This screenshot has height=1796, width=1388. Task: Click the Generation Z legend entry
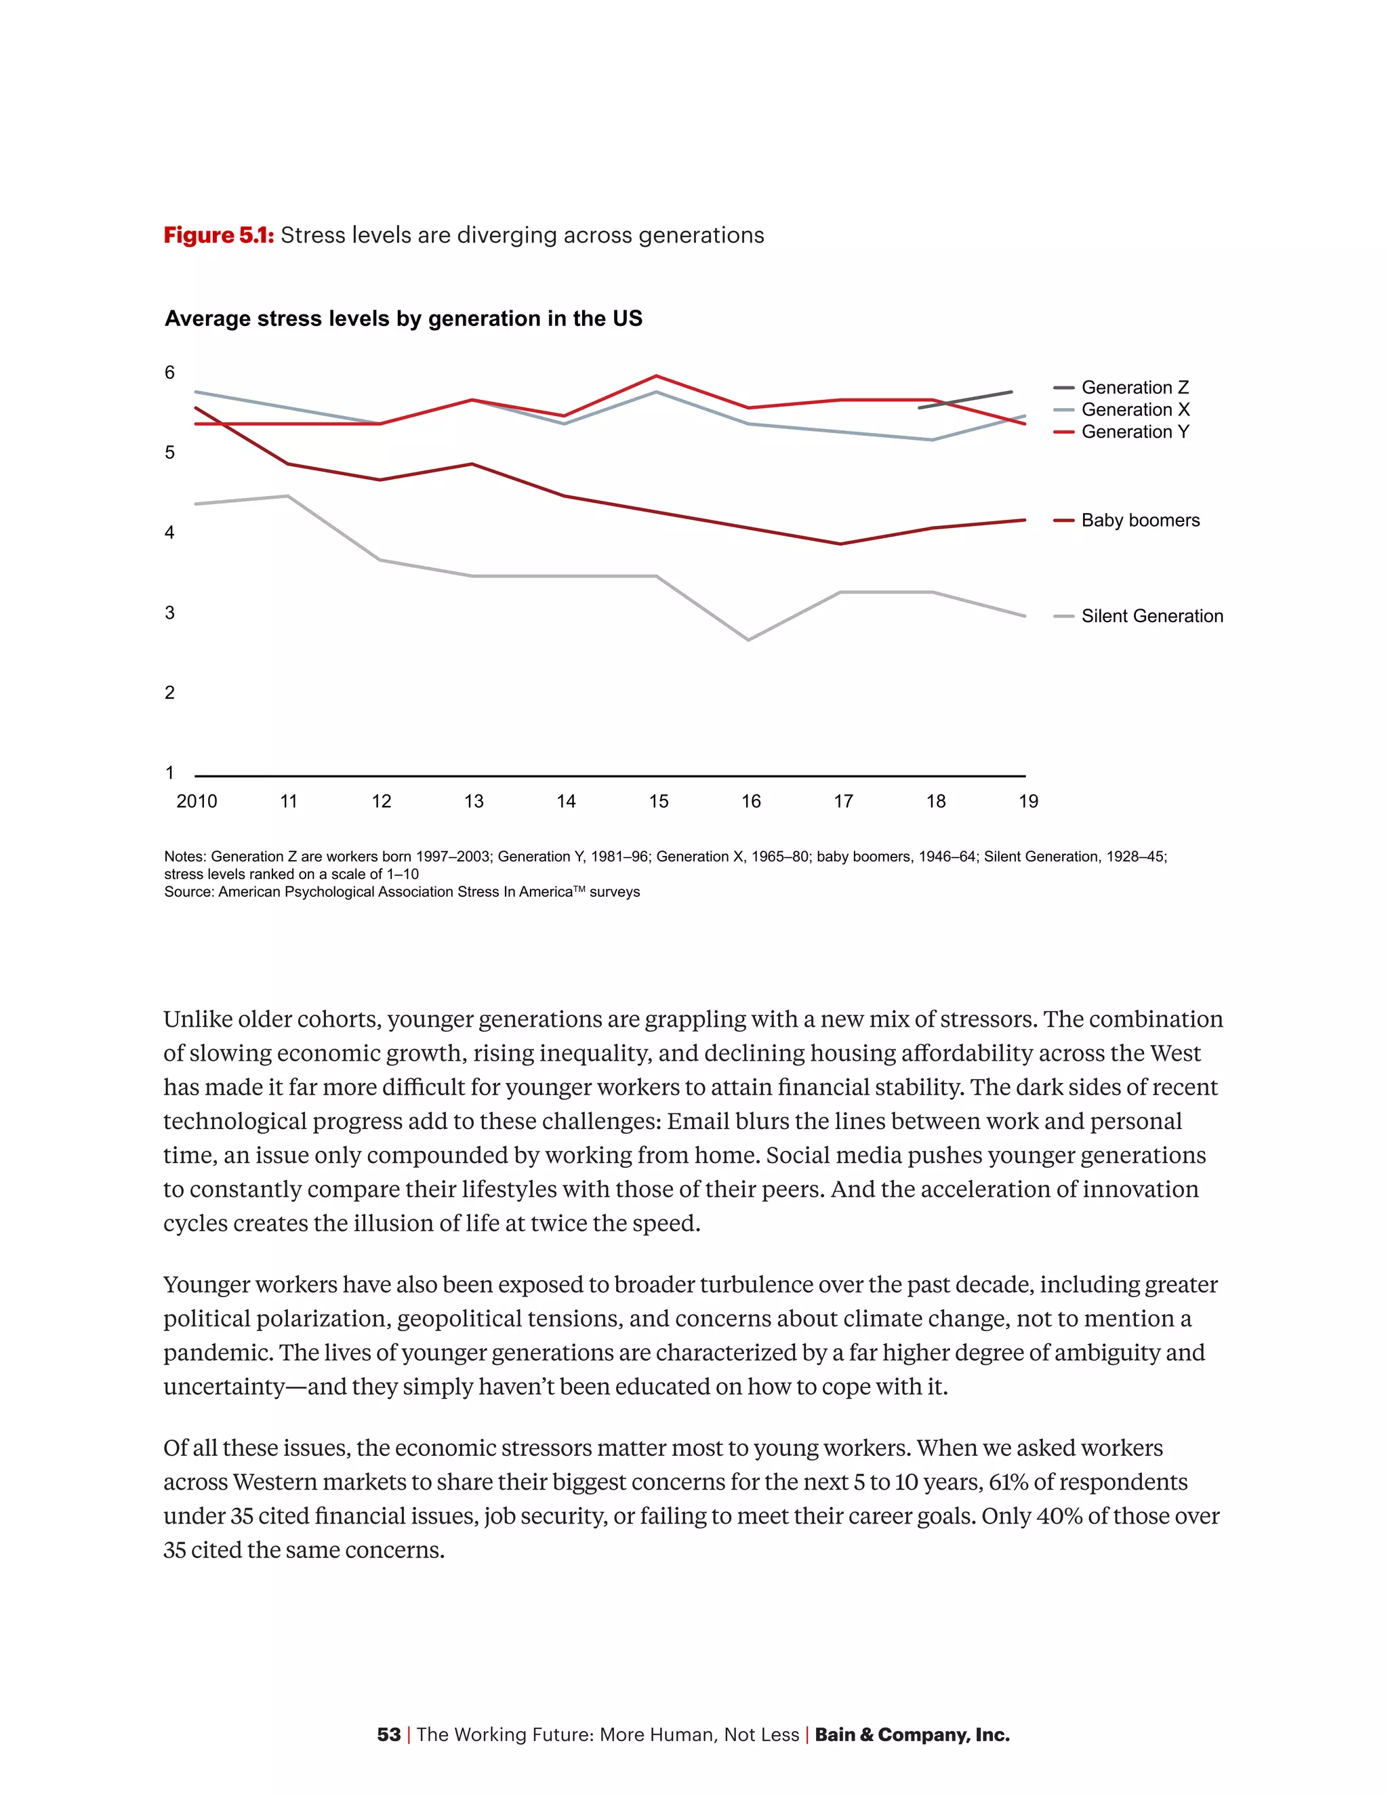[1134, 387]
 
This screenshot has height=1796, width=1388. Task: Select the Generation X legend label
[1135, 409]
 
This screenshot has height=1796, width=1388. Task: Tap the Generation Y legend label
[1135, 432]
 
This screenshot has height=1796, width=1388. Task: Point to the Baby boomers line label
[1140, 521]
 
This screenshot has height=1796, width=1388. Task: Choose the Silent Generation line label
[1151, 616]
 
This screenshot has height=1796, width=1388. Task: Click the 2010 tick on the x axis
[197, 801]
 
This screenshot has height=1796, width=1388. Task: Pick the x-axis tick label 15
[658, 801]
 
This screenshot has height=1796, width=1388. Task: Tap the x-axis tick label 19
[1028, 801]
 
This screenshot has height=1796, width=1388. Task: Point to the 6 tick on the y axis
[169, 373]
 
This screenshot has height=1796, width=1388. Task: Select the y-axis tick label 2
[169, 693]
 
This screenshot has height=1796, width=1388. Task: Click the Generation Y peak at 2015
[656, 376]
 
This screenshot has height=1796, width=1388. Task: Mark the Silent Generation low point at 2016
[748, 640]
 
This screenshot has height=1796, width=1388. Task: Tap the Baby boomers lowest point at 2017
[840, 544]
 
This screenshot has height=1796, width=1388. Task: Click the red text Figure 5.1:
[219, 235]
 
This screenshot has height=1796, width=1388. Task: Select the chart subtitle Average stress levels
[403, 319]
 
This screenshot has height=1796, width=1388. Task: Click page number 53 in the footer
[388, 1734]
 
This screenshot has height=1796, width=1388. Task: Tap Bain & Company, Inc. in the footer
[912, 1734]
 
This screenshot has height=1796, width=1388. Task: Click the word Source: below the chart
[188, 893]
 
